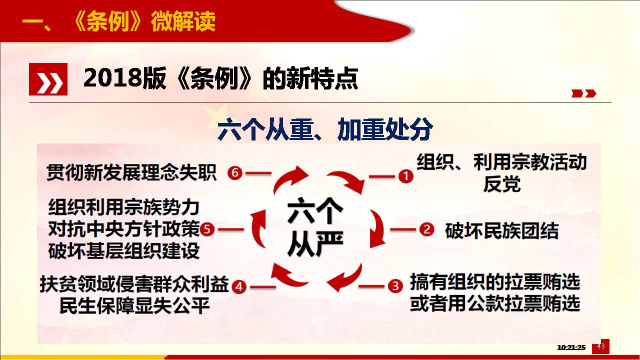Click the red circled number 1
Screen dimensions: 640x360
[405, 176]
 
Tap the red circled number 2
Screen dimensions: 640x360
[427, 229]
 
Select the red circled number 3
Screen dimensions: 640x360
[395, 285]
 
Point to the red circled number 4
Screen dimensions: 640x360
[239, 286]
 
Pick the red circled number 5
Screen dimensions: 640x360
[207, 229]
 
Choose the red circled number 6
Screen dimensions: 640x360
[235, 173]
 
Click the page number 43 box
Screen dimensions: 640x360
[600, 346]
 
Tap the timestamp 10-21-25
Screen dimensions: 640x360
[571, 347]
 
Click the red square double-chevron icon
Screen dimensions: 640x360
[48, 79]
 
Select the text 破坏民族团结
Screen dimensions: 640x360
[501, 230]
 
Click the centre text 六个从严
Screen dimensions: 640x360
[315, 227]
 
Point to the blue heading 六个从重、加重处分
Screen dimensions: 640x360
[325, 129]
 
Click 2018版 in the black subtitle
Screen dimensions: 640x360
[125, 78]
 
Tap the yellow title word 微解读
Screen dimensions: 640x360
[183, 21]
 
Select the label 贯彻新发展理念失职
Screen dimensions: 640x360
[131, 172]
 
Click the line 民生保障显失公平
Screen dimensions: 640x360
[134, 305]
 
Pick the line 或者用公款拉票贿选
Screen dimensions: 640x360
[495, 303]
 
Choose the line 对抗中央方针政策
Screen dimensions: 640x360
[124, 229]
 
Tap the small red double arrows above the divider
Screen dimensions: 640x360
[583, 93]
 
